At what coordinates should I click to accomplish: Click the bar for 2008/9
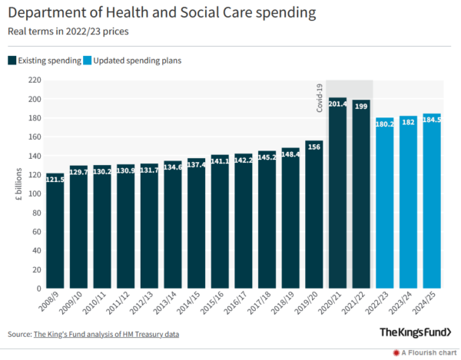click(x=55, y=230)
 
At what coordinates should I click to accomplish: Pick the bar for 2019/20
click(x=314, y=214)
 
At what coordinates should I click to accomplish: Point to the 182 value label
click(x=408, y=121)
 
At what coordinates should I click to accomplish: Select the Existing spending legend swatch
click(x=12, y=60)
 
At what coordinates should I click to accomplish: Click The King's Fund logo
click(x=416, y=332)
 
